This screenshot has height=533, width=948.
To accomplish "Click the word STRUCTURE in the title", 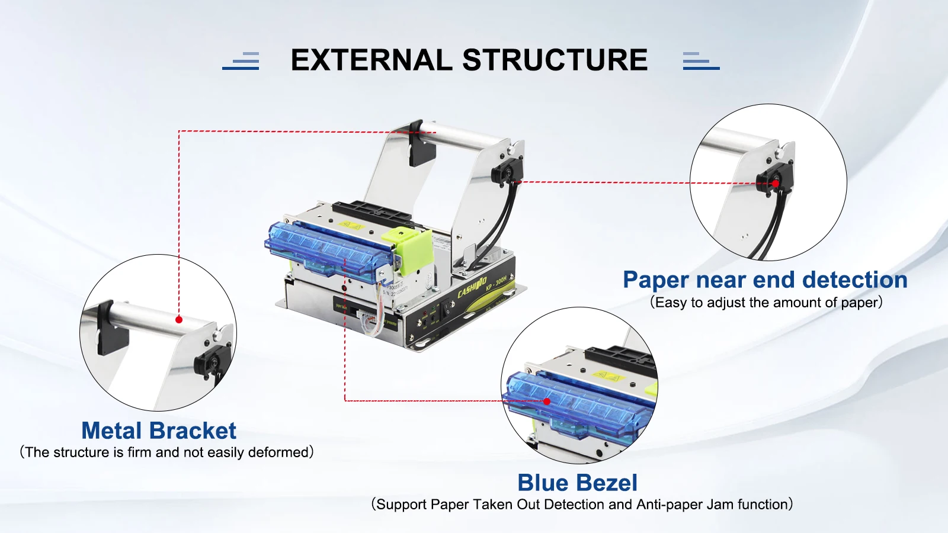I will pos(555,60).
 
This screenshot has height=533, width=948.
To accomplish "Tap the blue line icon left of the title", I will pos(241,61).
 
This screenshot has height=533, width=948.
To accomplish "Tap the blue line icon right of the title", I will pos(700,61).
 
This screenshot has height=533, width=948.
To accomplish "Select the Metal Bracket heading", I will pos(159,431).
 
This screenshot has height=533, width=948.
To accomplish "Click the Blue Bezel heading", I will pos(577,483).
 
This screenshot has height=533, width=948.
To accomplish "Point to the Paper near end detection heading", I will pos(765,280).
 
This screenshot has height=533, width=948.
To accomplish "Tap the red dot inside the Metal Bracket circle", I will pos(179,320).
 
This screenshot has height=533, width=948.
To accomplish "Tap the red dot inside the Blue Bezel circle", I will pos(547,402).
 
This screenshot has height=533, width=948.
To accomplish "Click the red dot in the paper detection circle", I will pos(776,184).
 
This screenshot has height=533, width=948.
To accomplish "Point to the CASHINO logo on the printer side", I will pos(472,287).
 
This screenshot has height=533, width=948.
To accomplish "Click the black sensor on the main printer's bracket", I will pos(505,173).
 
